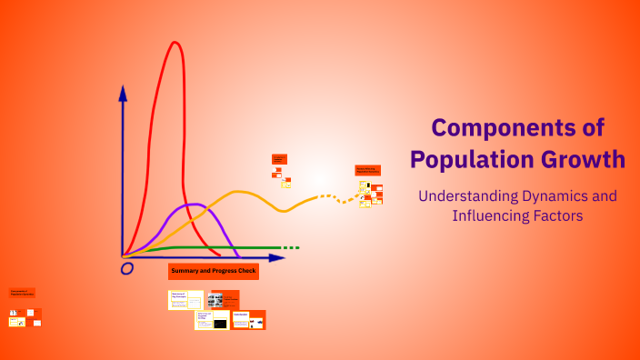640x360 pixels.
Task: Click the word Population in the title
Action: (x=471, y=159)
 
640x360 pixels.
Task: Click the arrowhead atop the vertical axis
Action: (x=123, y=91)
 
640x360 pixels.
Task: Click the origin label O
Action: (x=127, y=268)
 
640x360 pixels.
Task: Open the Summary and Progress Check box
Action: (x=214, y=272)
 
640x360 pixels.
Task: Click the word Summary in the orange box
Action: (x=187, y=272)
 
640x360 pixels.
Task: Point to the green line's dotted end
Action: (x=290, y=247)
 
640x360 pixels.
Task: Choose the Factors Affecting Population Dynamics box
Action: (x=367, y=170)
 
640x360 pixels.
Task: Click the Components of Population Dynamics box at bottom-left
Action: (x=22, y=293)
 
